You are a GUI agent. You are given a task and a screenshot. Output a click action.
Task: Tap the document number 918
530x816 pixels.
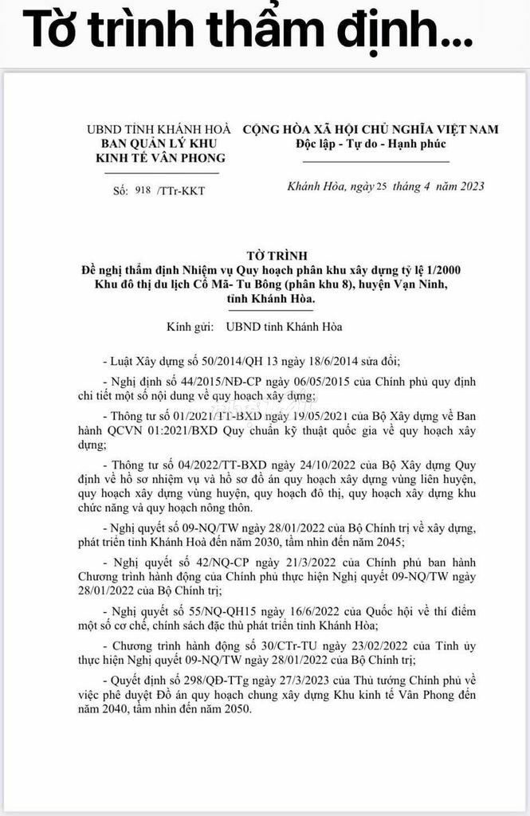[x=143, y=190]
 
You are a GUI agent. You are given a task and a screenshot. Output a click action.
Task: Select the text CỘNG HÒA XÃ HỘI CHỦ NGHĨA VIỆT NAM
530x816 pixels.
[x=371, y=129]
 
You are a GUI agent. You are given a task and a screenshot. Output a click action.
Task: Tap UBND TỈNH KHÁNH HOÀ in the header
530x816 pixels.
[x=160, y=129]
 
